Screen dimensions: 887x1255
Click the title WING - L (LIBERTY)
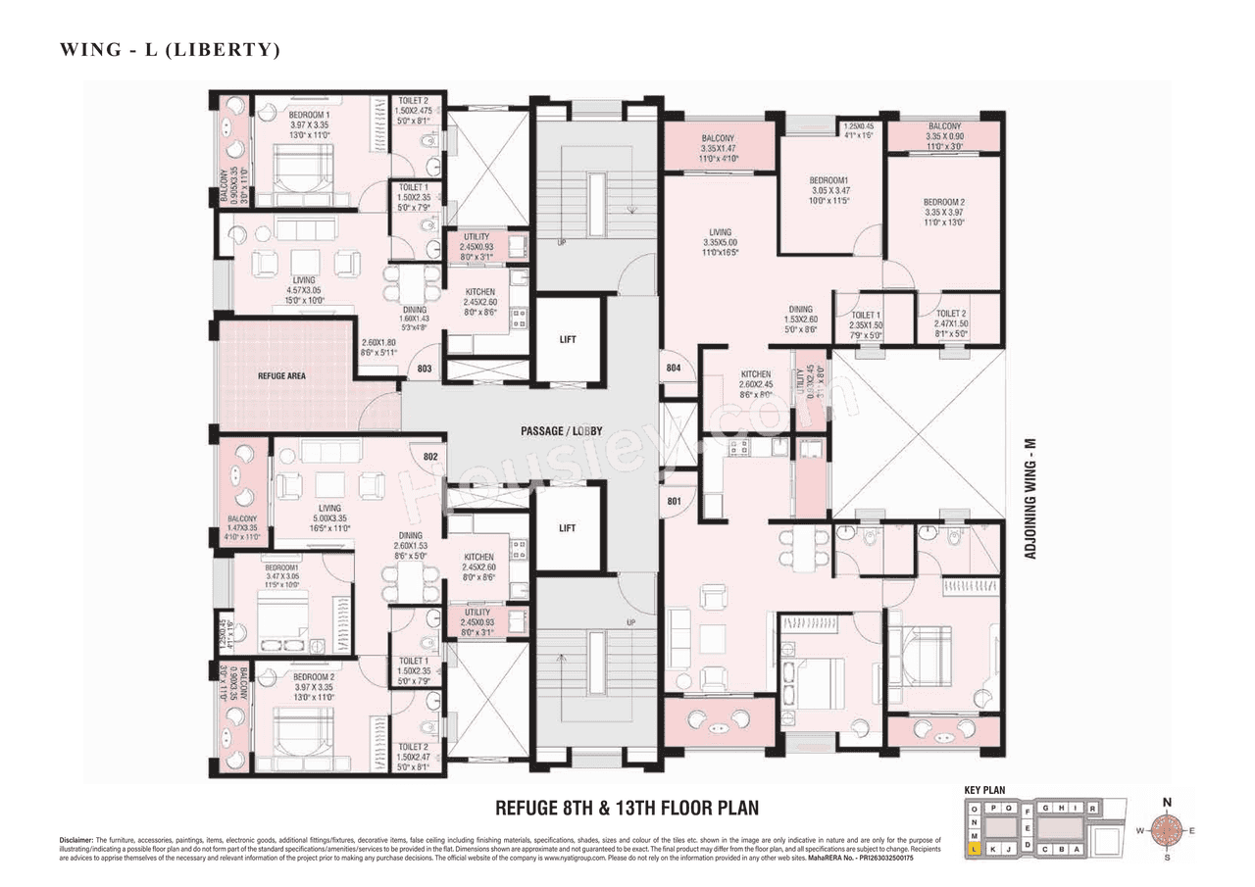170,50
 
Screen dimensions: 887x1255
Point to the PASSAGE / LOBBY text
562,431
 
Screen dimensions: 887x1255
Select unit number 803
424,370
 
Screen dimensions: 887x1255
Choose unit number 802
429,457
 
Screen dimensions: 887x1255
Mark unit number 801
674,502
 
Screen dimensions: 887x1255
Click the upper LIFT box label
567,340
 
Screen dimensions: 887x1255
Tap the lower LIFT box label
567,528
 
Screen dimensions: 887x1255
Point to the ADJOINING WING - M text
1030,500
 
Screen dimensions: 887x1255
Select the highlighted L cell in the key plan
974,849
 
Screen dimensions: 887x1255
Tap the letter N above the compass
1167,803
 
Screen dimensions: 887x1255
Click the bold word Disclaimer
75,840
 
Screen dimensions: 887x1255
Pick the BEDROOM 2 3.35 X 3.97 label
943,212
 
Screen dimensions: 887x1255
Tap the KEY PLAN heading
985,789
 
